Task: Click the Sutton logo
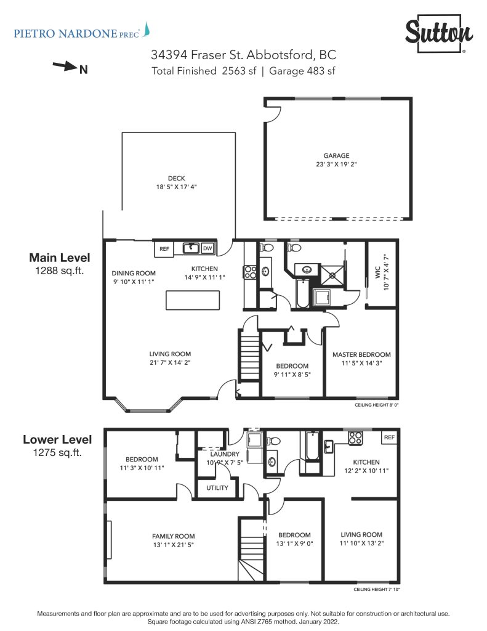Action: pyautogui.click(x=439, y=33)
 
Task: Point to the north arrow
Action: pyautogui.click(x=65, y=65)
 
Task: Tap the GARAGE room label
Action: pyautogui.click(x=336, y=156)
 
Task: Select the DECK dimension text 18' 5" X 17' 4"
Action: pyautogui.click(x=176, y=187)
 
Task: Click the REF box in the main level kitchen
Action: pyautogui.click(x=164, y=249)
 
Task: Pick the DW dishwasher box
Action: pyautogui.click(x=207, y=248)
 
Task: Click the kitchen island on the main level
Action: pyautogui.click(x=193, y=300)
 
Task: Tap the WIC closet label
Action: pyautogui.click(x=377, y=272)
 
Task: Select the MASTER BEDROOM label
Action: pyautogui.click(x=361, y=354)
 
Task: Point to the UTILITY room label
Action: pyautogui.click(x=217, y=488)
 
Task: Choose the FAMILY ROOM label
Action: pyautogui.click(x=174, y=536)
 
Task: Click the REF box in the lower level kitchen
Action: pyautogui.click(x=389, y=437)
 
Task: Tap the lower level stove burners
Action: pyautogui.click(x=355, y=438)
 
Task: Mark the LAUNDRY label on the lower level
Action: pyautogui.click(x=224, y=454)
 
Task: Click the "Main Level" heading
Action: pyautogui.click(x=60, y=258)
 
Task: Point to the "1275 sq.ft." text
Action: pyautogui.click(x=57, y=452)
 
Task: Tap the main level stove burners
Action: pyautogui.click(x=250, y=272)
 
